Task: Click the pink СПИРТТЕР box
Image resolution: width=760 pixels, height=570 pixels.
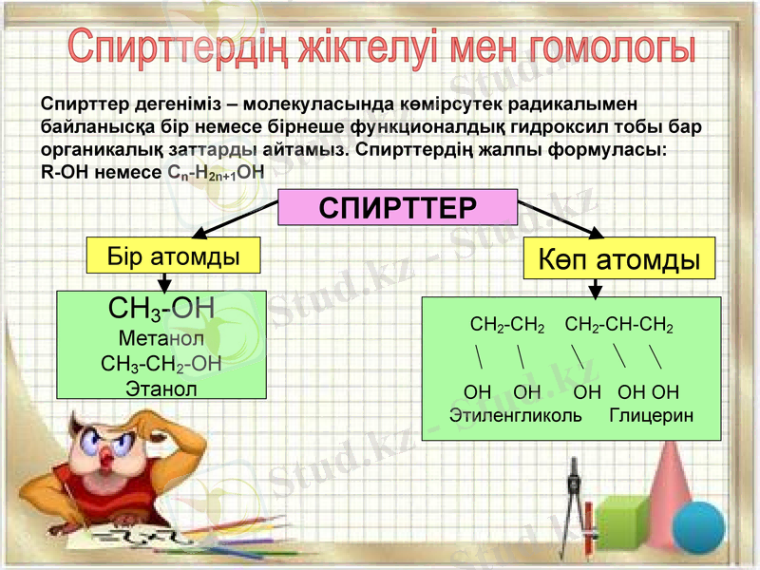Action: [x=397, y=208]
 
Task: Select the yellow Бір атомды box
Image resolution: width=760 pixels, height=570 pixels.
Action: [x=173, y=256]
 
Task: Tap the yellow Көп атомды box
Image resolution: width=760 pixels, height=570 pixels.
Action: [x=620, y=259]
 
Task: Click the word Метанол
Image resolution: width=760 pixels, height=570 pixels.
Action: [x=161, y=337]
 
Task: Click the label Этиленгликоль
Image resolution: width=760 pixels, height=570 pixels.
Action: [x=516, y=416]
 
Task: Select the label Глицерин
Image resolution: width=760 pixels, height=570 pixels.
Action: [x=651, y=416]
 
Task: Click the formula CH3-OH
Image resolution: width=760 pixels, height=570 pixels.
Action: [x=161, y=310]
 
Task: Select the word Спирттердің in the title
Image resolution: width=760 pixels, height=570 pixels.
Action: [x=180, y=48]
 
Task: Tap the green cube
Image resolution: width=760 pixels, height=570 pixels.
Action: [x=621, y=522]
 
